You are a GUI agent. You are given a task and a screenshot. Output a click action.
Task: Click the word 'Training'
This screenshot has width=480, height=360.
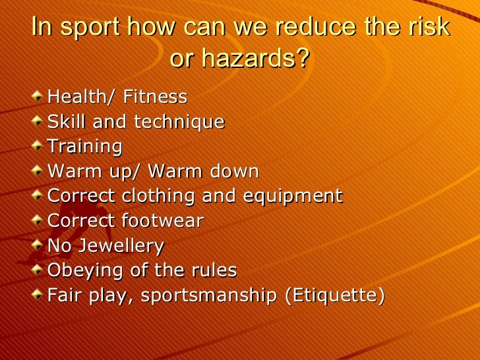85,146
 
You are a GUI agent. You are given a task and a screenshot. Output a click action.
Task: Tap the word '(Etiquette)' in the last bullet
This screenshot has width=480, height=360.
334,295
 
